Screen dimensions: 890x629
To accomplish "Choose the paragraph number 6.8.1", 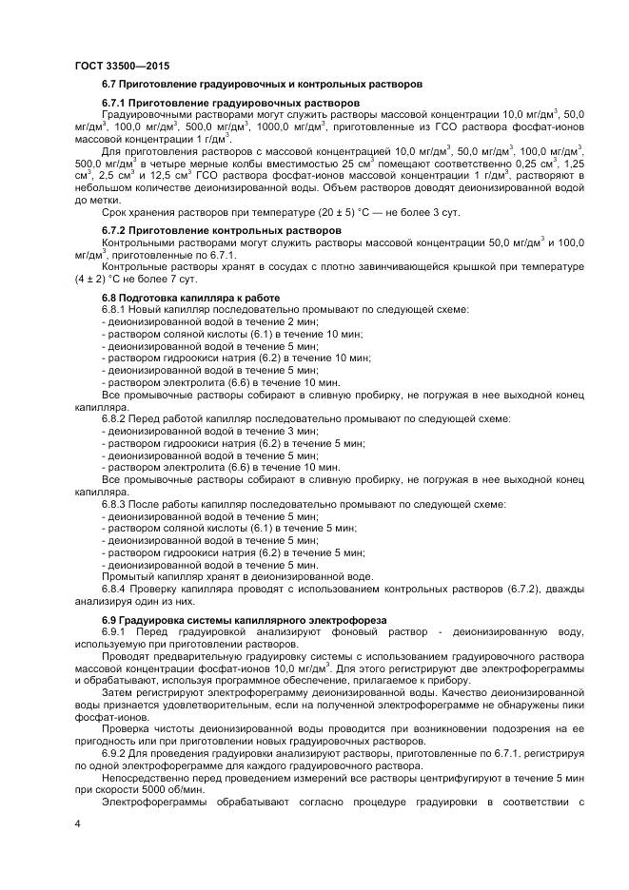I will point(114,310).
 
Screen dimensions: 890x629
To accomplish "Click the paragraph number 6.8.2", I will point(114,418).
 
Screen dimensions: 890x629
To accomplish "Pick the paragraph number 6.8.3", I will point(114,503).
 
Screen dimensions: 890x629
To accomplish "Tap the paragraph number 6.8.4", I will point(114,589).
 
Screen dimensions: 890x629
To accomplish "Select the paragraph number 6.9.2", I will point(114,754).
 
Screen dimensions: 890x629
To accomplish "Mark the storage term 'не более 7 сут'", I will point(157,281).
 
